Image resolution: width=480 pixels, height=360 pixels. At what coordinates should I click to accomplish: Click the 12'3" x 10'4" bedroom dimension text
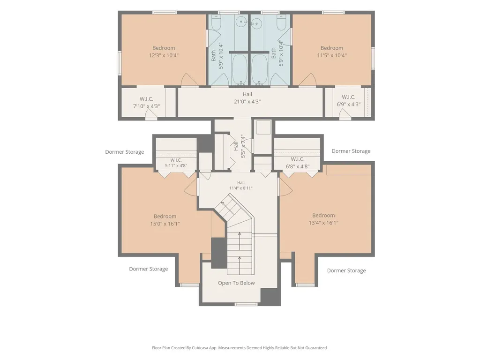pyautogui.click(x=164, y=55)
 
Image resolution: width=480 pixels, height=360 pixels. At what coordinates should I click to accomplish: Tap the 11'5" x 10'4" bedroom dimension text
pyautogui.click(x=332, y=55)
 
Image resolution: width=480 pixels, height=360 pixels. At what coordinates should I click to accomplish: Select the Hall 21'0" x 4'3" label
pyautogui.click(x=247, y=98)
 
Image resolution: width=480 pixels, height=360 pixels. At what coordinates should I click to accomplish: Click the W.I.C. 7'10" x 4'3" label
pyautogui.click(x=146, y=103)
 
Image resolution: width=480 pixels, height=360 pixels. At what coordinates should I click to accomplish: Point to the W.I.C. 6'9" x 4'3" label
pyautogui.click(x=349, y=100)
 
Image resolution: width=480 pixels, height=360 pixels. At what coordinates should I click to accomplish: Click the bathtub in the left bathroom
pyautogui.click(x=240, y=69)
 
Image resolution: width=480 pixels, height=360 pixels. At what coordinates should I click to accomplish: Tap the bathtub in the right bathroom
pyautogui.click(x=260, y=69)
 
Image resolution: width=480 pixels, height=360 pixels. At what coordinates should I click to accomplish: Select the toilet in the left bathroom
pyautogui.click(x=216, y=22)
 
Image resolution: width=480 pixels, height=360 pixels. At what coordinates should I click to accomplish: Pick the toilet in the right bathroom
pyautogui.click(x=282, y=22)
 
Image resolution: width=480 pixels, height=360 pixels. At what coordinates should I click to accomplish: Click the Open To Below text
pyautogui.click(x=236, y=283)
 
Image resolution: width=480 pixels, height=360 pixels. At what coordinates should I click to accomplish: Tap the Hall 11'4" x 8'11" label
pyautogui.click(x=241, y=186)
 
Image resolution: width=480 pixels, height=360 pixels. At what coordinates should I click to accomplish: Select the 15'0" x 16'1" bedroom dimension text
pyautogui.click(x=165, y=224)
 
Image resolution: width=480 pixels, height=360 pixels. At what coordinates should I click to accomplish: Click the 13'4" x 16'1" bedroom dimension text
pyautogui.click(x=323, y=223)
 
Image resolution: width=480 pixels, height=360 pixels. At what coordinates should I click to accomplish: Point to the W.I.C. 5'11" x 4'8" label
pyautogui.click(x=176, y=163)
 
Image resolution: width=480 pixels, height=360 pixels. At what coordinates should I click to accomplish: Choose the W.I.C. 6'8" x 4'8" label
pyautogui.click(x=298, y=163)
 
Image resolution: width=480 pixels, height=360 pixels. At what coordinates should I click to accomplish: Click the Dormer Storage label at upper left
pyautogui.click(x=125, y=152)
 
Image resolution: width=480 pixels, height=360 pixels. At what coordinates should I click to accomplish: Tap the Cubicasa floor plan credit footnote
pyautogui.click(x=240, y=348)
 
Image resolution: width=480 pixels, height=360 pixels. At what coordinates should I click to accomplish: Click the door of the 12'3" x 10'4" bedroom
pyautogui.click(x=190, y=80)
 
